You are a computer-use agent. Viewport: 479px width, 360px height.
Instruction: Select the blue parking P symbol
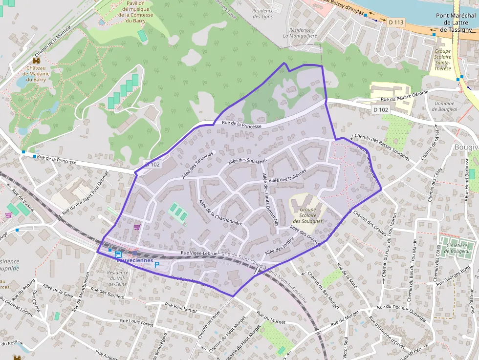(157, 265)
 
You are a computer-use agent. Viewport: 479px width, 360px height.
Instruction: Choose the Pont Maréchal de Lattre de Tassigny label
(456, 22)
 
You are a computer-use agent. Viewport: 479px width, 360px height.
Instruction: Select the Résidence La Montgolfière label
(300, 33)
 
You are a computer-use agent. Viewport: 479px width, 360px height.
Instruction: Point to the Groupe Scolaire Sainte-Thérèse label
(442, 60)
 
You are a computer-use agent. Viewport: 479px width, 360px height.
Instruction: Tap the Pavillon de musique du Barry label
(135, 12)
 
